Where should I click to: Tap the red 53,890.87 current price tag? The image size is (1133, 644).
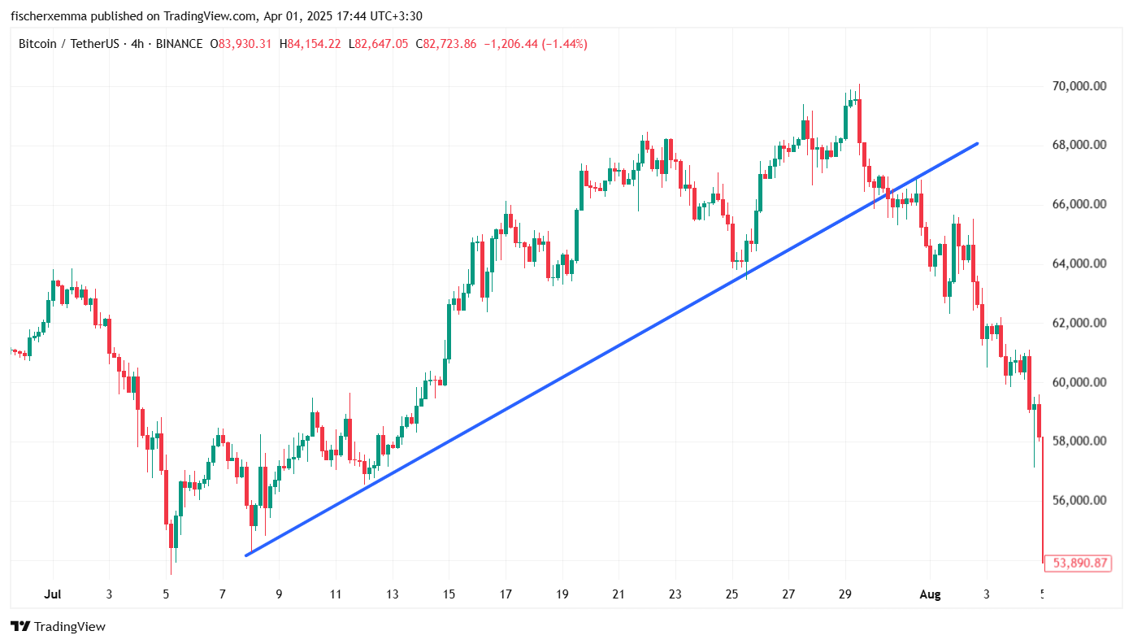pos(1080,563)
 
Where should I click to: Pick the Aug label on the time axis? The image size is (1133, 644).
pos(930,594)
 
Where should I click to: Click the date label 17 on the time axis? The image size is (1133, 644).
pos(505,594)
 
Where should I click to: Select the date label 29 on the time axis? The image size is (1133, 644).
pos(845,594)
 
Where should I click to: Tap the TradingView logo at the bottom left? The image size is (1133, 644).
pos(58,626)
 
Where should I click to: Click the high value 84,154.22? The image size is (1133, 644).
pos(314,44)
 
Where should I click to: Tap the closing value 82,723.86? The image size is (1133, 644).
pos(449,44)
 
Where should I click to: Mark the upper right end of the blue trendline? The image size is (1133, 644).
pos(976,144)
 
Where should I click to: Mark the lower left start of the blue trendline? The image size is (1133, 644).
pos(246,555)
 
